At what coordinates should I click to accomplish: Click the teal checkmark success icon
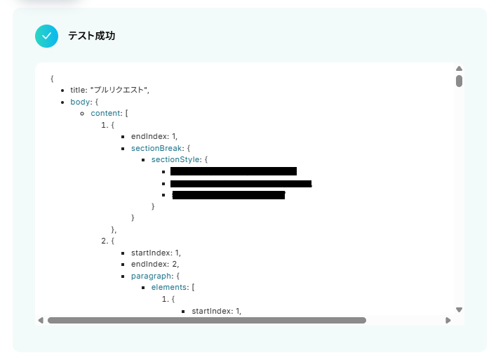tap(46, 36)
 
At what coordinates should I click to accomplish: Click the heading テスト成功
tap(91, 36)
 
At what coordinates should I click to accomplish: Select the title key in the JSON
tap(78, 90)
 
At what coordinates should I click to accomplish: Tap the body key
tap(80, 102)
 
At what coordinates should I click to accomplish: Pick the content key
tap(106, 113)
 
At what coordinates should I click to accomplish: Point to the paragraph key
tap(151, 276)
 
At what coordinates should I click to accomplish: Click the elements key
tap(170, 287)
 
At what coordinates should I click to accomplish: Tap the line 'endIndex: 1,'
tap(154, 136)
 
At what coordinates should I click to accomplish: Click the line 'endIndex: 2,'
tap(155, 264)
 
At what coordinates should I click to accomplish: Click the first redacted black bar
tap(233, 171)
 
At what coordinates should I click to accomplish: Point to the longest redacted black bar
tap(241, 183)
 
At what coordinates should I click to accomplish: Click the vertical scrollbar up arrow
tap(459, 69)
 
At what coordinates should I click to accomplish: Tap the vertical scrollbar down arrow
tap(459, 309)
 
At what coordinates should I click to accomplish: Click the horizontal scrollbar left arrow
tap(41, 320)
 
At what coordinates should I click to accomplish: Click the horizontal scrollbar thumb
tap(206, 320)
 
